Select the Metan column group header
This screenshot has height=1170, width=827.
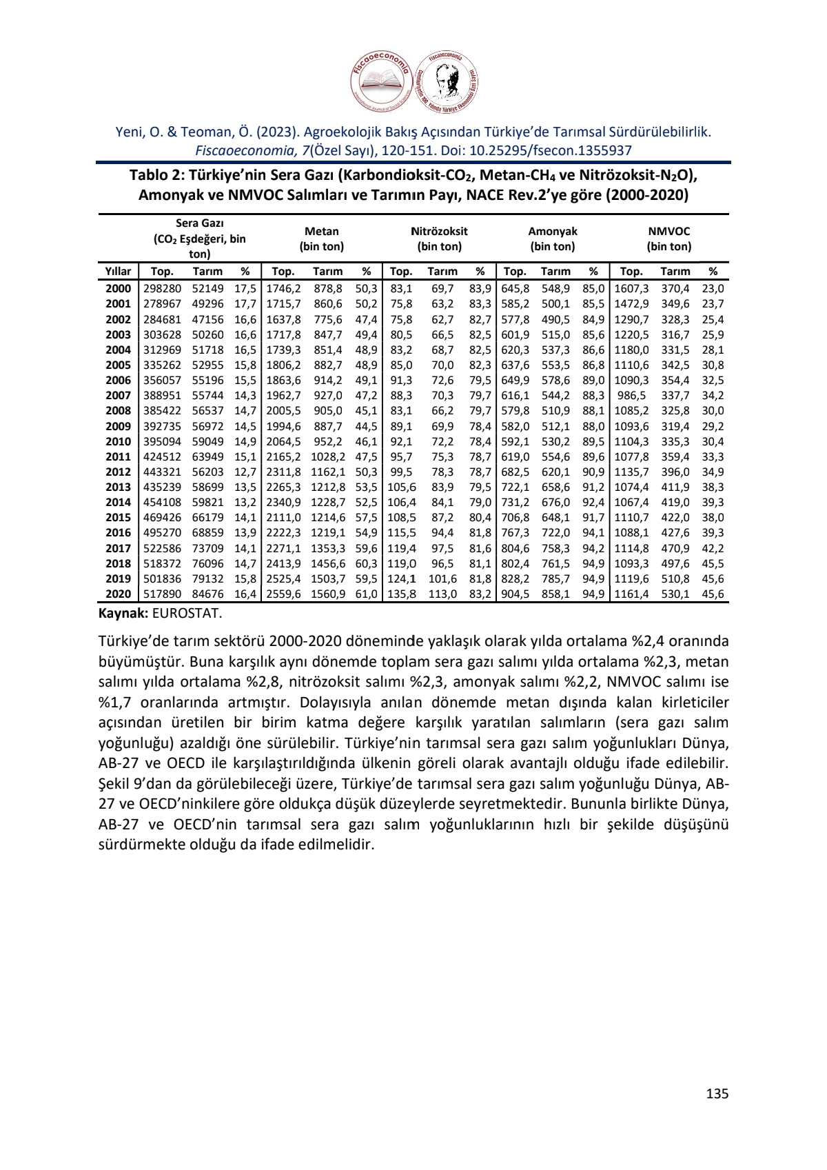[321, 239]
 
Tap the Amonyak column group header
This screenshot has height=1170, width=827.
[552, 239]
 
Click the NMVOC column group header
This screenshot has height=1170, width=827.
[668, 239]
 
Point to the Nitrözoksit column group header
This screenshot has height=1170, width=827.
[439, 239]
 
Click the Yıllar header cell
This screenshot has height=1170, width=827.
[118, 272]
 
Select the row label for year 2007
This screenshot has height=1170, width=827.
[118, 396]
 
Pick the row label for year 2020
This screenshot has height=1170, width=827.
[118, 594]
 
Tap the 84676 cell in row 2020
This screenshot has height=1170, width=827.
[207, 594]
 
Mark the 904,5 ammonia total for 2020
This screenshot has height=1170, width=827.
[515, 594]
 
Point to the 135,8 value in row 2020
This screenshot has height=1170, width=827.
[401, 594]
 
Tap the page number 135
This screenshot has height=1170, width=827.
[717, 1093]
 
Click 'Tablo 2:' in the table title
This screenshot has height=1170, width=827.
[156, 176]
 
